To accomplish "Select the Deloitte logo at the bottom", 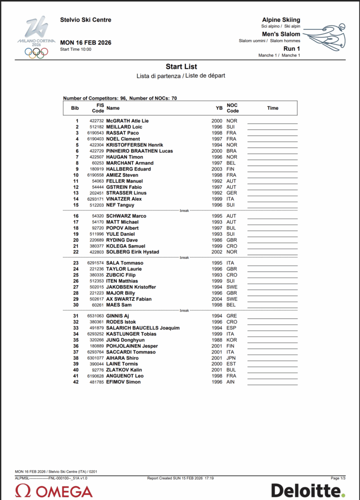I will (308, 490).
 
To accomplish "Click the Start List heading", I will (181, 66).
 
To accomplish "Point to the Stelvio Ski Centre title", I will (85, 20).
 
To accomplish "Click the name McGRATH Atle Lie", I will (127, 121).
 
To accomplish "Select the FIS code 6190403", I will (95, 139).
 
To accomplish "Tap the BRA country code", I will (232, 151).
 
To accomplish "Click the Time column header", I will (273, 108).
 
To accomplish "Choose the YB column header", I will (219, 108).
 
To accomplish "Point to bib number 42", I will (76, 382).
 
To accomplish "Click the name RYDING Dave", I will (122, 240).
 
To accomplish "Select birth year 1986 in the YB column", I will (217, 240).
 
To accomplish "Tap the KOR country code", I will (232, 340).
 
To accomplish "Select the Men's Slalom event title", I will (281, 34).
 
